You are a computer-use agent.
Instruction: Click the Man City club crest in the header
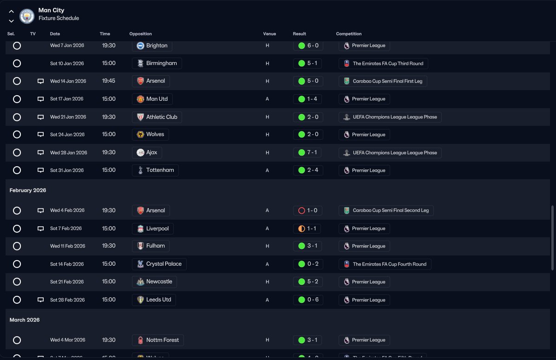tap(27, 15)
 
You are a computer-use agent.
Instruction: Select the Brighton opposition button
tap(152, 46)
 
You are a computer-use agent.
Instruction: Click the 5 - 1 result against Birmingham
tap(307, 63)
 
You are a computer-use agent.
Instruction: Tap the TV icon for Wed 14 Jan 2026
tap(40, 81)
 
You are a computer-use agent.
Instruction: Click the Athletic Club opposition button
tap(157, 117)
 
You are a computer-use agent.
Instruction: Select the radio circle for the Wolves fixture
tap(17, 135)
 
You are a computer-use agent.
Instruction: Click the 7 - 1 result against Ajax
tap(307, 153)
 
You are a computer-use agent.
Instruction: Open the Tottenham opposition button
tap(155, 170)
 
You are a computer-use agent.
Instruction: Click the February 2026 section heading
tap(28, 190)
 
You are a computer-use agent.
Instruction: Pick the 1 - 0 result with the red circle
tap(307, 210)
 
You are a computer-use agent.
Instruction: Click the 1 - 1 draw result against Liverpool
tap(307, 229)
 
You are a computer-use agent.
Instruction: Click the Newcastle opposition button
tap(154, 281)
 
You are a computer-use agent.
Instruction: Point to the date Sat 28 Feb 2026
tap(67, 300)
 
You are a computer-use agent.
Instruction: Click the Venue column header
tap(269, 34)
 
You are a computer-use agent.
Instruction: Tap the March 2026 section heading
tap(25, 320)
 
